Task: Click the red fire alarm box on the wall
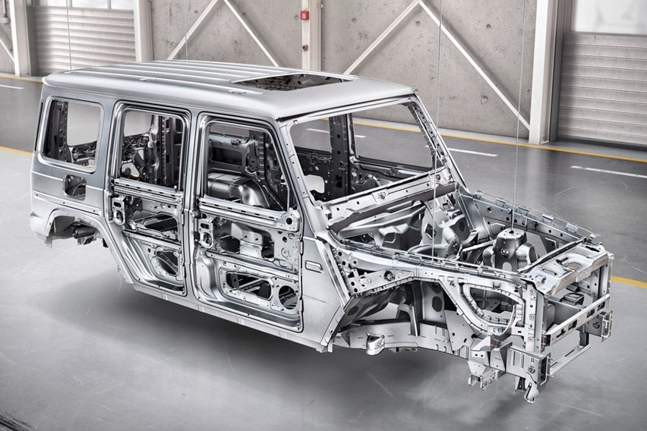coord(305,14)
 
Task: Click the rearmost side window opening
coord(72,133)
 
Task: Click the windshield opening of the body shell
coord(365,144)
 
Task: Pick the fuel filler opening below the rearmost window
coord(74,185)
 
